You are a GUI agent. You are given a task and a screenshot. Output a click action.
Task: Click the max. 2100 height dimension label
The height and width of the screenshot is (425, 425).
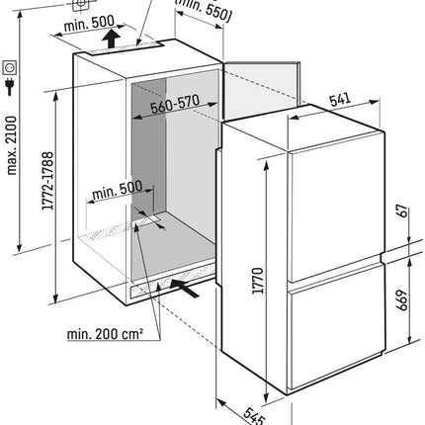pyautogui.click(x=12, y=145)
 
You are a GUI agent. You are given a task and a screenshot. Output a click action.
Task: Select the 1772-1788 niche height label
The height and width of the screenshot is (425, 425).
pyautogui.click(x=47, y=181)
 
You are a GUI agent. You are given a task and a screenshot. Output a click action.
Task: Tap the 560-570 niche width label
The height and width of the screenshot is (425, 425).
pyautogui.click(x=175, y=104)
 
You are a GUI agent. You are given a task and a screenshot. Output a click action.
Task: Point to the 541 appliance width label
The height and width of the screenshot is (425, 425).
pyautogui.click(x=340, y=99)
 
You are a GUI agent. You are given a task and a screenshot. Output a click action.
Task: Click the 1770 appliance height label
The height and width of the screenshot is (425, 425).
pyautogui.click(x=258, y=281)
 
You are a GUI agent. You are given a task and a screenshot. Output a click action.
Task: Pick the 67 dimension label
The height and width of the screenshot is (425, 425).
pyautogui.click(x=402, y=212)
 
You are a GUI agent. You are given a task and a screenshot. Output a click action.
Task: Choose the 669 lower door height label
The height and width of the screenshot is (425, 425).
pyautogui.click(x=402, y=300)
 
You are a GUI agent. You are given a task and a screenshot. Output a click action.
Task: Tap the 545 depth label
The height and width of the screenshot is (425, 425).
pyautogui.click(x=254, y=416)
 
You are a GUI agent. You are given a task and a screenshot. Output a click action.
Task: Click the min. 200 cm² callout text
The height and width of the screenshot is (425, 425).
pyautogui.click(x=105, y=334)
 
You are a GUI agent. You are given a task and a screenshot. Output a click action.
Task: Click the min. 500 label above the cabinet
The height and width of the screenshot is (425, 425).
pyautogui.click(x=89, y=23)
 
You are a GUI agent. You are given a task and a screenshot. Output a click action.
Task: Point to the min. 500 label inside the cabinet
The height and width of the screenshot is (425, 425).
pyautogui.click(x=118, y=190)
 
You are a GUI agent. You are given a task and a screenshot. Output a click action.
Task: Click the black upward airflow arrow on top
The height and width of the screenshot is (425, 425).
pyautogui.click(x=111, y=39)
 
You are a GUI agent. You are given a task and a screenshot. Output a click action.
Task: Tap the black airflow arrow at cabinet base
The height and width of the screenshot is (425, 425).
pyautogui.click(x=185, y=288)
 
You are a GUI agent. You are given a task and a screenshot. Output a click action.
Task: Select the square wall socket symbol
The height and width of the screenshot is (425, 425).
pyautogui.click(x=10, y=67)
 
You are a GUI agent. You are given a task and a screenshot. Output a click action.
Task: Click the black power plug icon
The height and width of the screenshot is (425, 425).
pyautogui.click(x=10, y=87)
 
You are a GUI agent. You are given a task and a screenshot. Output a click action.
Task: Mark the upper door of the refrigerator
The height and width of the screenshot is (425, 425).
pyautogui.click(x=336, y=207)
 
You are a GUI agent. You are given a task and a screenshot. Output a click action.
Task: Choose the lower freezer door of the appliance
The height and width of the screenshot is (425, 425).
pyautogui.click(x=337, y=325)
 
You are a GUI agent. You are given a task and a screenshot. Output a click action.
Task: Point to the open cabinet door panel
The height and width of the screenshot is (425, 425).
pyautogui.click(x=262, y=90)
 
